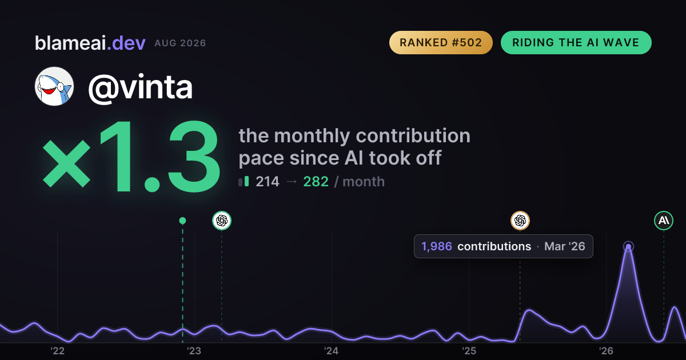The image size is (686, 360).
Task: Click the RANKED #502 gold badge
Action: pyautogui.click(x=441, y=42)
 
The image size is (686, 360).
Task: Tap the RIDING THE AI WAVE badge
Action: pyautogui.click(x=576, y=42)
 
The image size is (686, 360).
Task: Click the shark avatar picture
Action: pyautogui.click(x=54, y=86)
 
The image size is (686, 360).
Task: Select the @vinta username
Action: pyautogui.click(x=140, y=88)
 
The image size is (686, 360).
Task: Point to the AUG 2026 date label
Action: pyautogui.click(x=180, y=43)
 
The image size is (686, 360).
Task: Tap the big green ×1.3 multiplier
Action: pyautogui.click(x=131, y=156)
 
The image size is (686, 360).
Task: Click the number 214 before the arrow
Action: pyautogui.click(x=268, y=182)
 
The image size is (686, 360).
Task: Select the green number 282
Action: pyautogui.click(x=316, y=182)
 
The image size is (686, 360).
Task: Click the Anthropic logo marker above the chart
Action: pyautogui.click(x=664, y=221)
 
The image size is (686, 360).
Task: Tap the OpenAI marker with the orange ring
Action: pyautogui.click(x=520, y=221)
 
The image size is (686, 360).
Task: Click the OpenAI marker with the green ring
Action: pyautogui.click(x=222, y=221)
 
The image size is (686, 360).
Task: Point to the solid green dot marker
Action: pyautogui.click(x=182, y=221)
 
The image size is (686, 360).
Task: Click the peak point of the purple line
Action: pyautogui.click(x=628, y=246)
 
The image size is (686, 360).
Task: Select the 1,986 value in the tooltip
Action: pyautogui.click(x=437, y=246)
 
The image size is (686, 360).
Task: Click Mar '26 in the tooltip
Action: pyautogui.click(x=565, y=246)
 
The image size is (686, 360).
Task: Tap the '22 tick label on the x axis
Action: pyautogui.click(x=57, y=351)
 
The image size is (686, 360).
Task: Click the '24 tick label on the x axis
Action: pyautogui.click(x=332, y=351)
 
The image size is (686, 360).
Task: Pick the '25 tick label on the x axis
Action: pyautogui.click(x=469, y=351)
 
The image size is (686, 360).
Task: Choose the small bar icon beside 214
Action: pyautogui.click(x=244, y=181)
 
